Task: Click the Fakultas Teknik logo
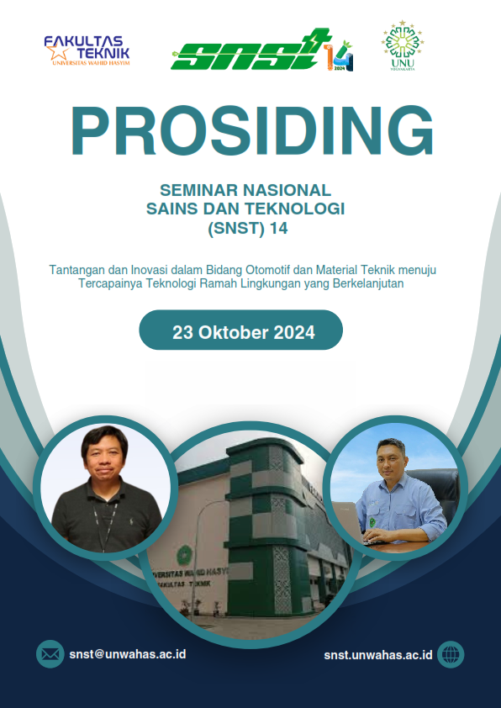coord(87,50)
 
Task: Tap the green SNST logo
coord(261,52)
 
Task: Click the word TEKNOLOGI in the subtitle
coord(303,208)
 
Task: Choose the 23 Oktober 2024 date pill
coord(241,331)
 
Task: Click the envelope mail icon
coord(50,653)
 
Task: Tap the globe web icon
coord(451,653)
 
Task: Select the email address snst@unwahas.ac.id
coord(127,653)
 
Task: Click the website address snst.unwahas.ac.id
coord(377,653)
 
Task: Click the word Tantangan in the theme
coord(75,270)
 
